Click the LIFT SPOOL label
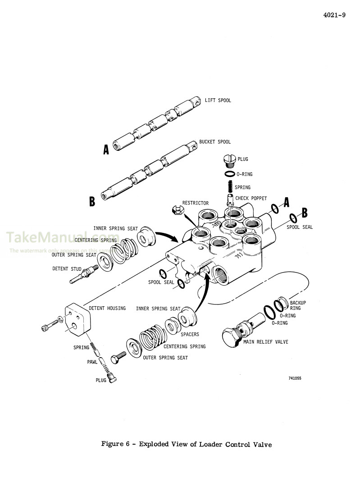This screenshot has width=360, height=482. (218, 100)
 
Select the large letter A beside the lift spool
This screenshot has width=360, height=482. (106, 150)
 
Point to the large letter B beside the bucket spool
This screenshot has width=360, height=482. (92, 201)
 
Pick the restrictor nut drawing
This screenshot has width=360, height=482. (177, 209)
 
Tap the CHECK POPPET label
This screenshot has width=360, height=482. (251, 198)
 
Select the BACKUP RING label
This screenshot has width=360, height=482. (297, 305)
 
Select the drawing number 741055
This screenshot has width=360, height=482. (295, 378)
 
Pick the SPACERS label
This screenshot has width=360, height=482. (190, 335)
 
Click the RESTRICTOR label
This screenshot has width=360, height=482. (195, 203)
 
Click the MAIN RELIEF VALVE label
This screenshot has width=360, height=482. (266, 342)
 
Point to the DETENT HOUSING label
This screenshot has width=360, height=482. (107, 308)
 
